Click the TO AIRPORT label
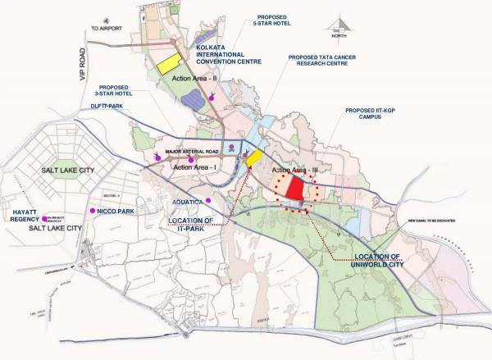(105, 29)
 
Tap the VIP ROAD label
(82, 78)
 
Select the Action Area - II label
(187, 78)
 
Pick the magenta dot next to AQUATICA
(208, 201)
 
